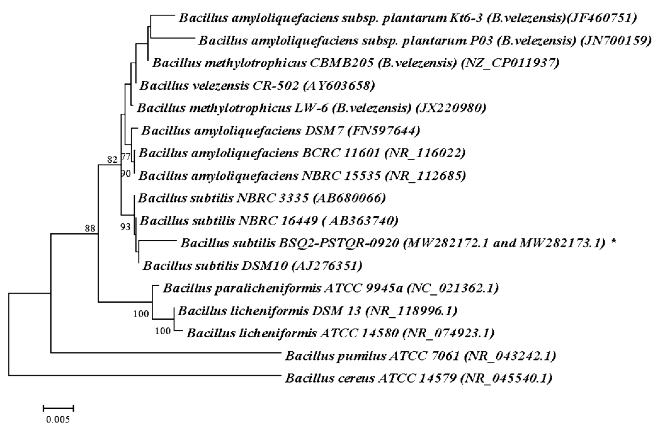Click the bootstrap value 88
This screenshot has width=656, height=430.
click(x=90, y=228)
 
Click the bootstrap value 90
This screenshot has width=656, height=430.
click(x=126, y=174)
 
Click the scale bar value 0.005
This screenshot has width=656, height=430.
click(x=58, y=420)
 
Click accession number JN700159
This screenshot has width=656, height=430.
click(x=616, y=41)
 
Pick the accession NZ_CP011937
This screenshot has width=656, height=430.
click(x=510, y=63)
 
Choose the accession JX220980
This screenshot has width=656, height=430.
click(x=451, y=108)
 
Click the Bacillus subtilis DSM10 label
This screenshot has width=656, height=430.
click(x=252, y=266)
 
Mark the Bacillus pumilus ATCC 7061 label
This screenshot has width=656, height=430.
click(x=420, y=356)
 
